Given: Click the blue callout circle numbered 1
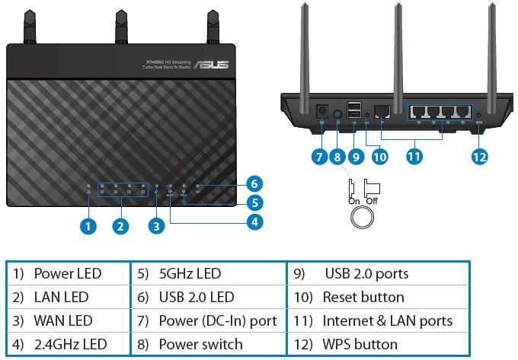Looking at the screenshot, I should (89, 226).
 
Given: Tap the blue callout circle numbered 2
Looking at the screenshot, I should (120, 226).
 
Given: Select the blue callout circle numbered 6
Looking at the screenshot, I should (255, 183).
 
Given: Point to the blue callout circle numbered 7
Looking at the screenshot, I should (319, 157).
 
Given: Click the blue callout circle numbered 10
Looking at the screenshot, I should (379, 157).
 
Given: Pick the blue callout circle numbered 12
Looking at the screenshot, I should (478, 157).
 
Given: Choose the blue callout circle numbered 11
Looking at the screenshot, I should (414, 157).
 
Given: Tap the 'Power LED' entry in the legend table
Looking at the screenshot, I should (67, 273).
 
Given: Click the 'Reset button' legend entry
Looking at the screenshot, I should (363, 297).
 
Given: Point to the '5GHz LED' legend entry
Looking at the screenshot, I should (190, 273).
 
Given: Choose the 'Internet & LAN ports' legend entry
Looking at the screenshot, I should (387, 320).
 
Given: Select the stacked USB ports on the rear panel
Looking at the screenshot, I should (353, 111).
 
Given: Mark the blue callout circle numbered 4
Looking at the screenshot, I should (255, 222).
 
